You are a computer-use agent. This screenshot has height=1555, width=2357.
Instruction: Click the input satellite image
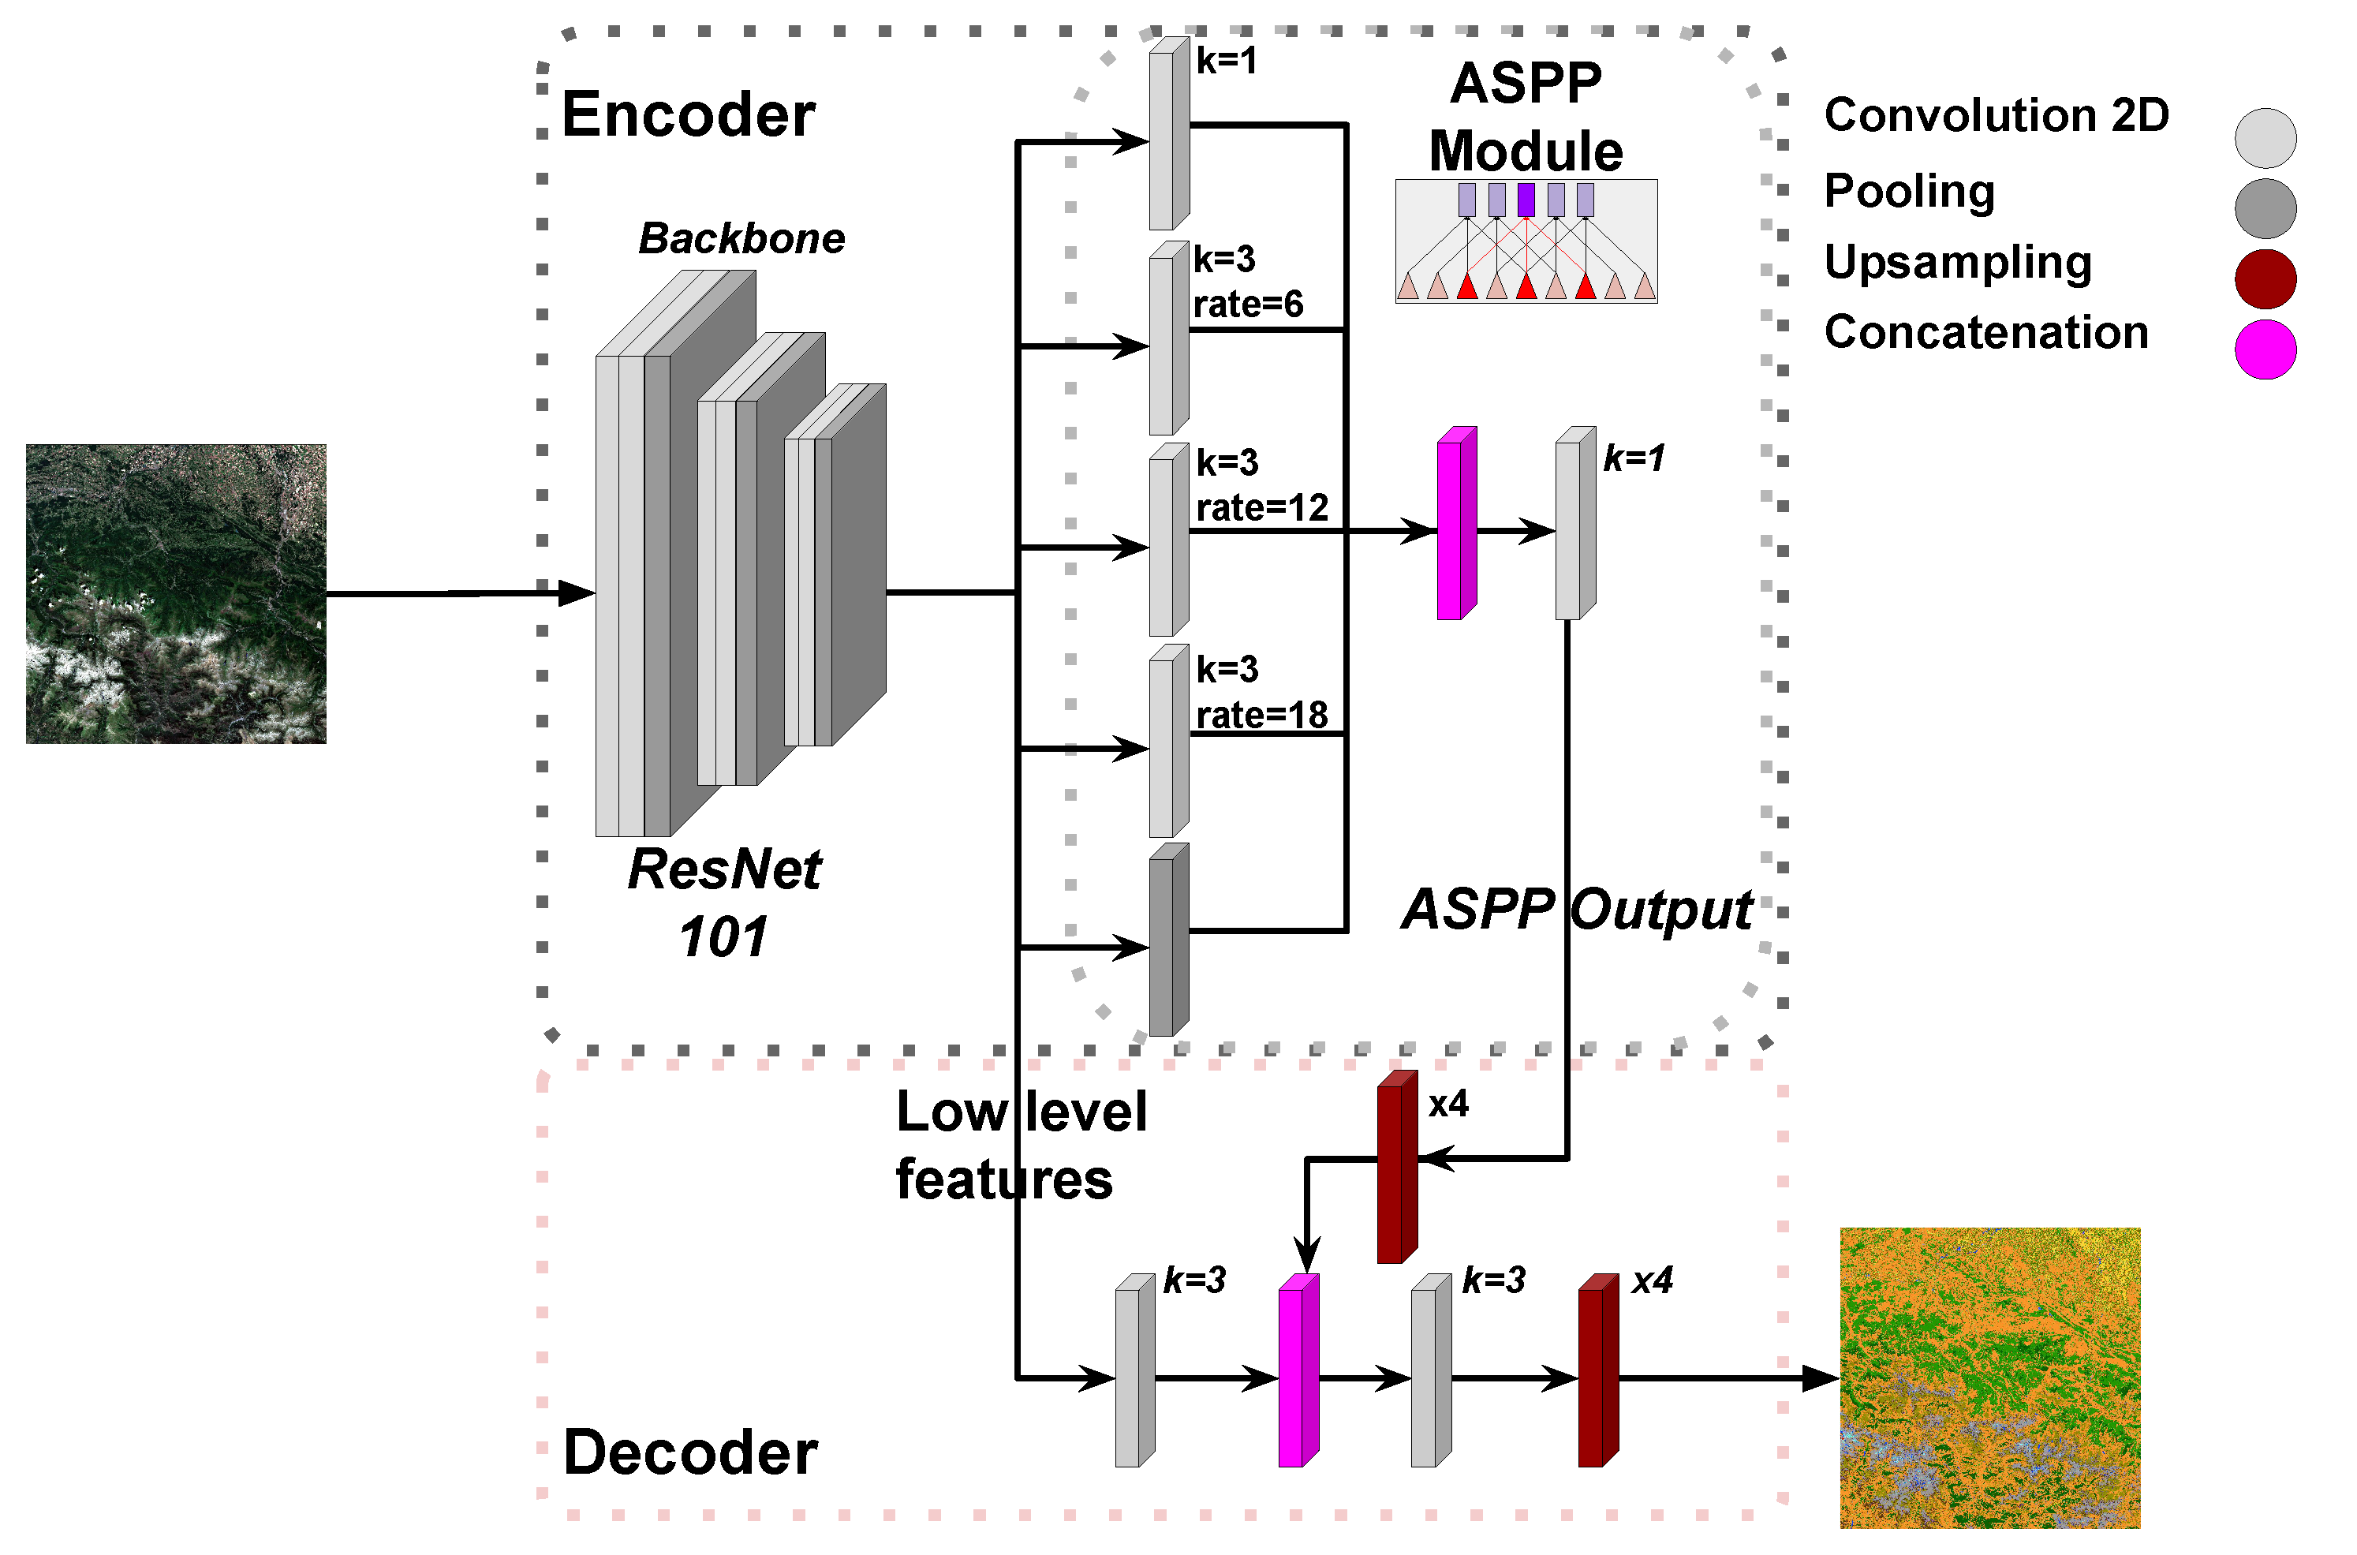(x=175, y=594)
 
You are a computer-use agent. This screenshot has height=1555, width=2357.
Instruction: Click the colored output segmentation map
(x=1989, y=1377)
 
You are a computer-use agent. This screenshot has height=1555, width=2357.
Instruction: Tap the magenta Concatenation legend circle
(x=2265, y=349)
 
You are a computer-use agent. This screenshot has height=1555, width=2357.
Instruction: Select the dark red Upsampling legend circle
(x=2265, y=278)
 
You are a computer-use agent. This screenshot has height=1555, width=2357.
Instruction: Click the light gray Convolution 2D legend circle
(x=2265, y=138)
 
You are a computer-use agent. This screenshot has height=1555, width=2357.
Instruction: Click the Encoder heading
(x=688, y=114)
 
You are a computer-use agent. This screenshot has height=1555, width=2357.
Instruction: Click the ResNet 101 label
(x=724, y=902)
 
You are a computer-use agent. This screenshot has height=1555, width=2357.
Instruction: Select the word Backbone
(x=741, y=238)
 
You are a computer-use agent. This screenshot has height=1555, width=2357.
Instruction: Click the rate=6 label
(x=1247, y=305)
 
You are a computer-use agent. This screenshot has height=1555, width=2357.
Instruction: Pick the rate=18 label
(x=1261, y=715)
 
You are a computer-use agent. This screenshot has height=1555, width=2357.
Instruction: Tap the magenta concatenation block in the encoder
(x=1455, y=525)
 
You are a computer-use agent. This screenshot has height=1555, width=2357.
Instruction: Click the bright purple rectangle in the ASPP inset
(x=1526, y=200)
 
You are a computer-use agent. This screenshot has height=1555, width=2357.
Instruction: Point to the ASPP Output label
(x=1577, y=910)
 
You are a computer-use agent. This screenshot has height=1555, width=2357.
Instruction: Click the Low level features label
(x=1019, y=1146)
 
